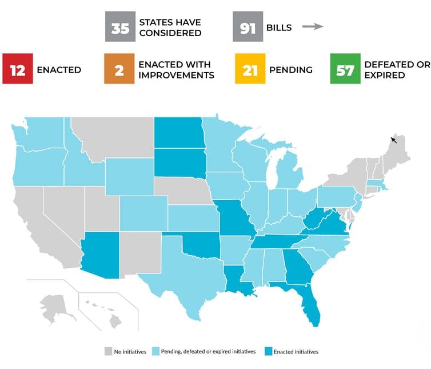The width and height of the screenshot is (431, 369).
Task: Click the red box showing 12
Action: [17, 70]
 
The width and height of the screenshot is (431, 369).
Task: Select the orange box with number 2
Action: [119, 70]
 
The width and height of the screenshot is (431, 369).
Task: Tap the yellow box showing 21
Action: [250, 70]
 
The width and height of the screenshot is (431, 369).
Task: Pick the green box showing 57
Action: [345, 70]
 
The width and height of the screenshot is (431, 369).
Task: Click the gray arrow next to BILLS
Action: [313, 27]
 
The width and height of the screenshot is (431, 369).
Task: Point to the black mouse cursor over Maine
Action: [393, 139]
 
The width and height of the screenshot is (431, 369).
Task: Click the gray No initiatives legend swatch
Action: [107, 351]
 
